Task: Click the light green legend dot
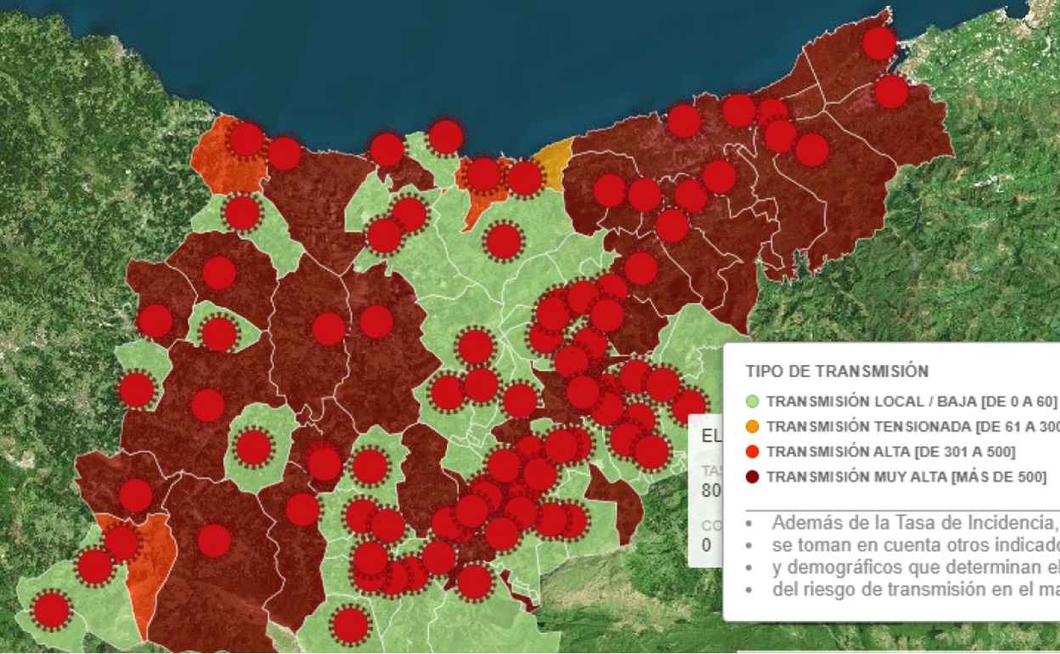pos(752,401)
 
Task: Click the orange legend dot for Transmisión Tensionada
pos(752,426)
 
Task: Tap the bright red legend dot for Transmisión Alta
pos(752,452)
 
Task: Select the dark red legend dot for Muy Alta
pos(752,477)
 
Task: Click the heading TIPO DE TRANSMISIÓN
pos(837,371)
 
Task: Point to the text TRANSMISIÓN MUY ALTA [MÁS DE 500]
pos(905,477)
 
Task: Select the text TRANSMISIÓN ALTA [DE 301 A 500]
pos(890,452)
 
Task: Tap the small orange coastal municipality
pos(553,161)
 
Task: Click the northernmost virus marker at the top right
pos(880,43)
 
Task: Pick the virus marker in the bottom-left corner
pos(51,609)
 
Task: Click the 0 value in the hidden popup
pos(707,545)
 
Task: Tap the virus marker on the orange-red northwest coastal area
pos(247,139)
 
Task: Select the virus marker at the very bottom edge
pos(350,625)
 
